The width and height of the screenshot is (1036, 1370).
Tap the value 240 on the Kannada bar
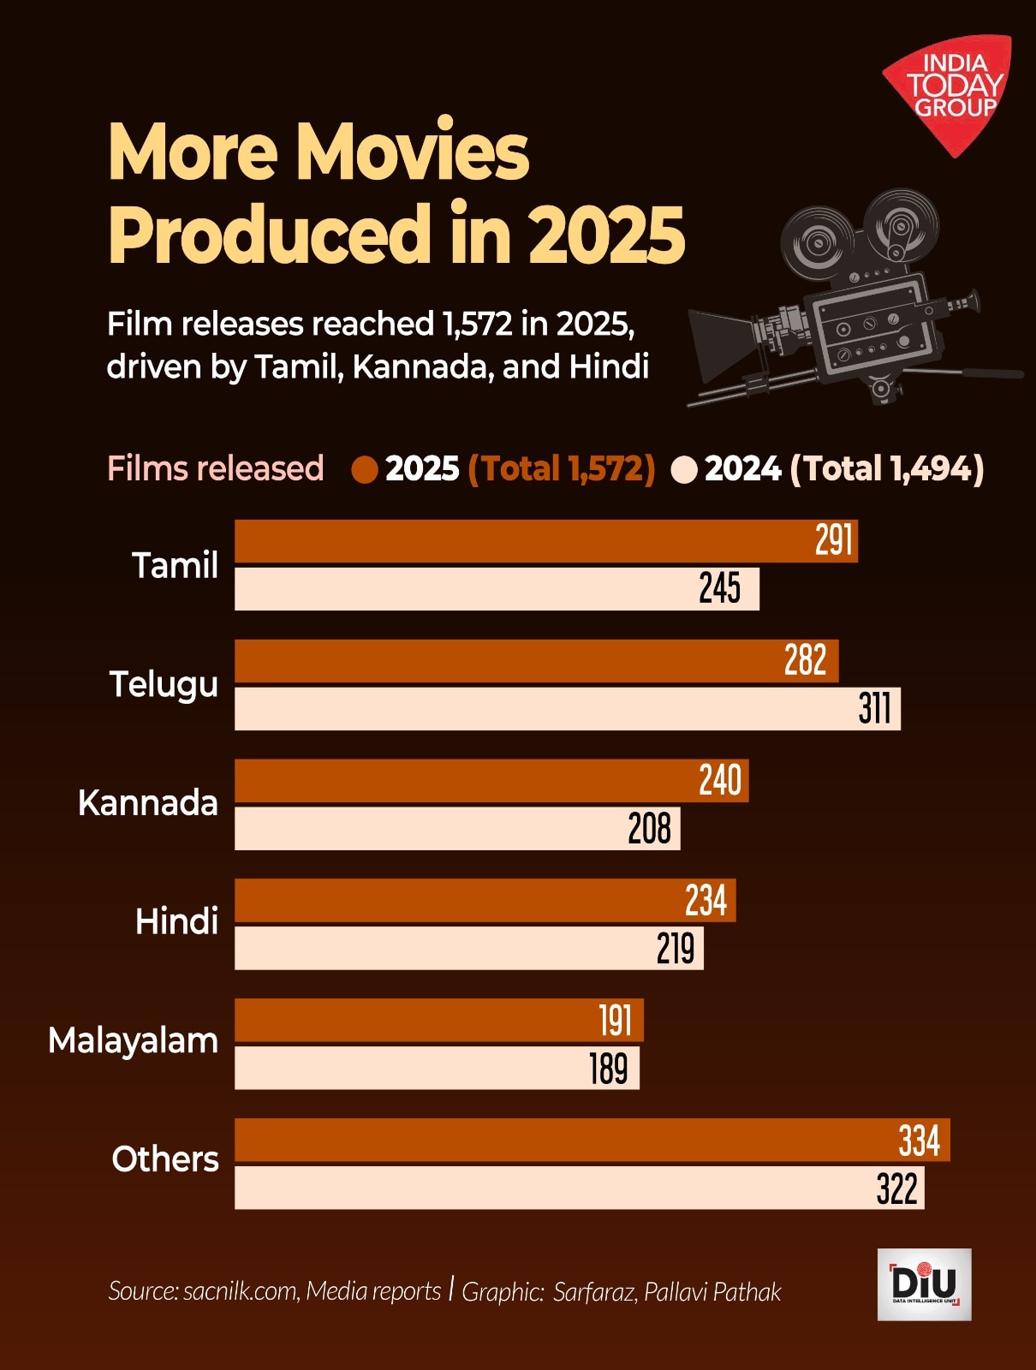720,781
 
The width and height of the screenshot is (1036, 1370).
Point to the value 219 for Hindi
676,949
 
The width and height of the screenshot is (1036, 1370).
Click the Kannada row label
148,803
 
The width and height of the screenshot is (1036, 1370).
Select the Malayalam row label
134,1040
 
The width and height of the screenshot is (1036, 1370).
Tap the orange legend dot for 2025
365,469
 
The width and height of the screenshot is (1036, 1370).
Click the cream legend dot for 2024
684,469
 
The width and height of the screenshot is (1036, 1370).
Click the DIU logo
924,1284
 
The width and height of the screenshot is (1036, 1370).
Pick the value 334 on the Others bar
919,1141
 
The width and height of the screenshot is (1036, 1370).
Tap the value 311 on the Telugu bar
875,709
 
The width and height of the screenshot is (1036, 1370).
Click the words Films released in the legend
216,469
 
